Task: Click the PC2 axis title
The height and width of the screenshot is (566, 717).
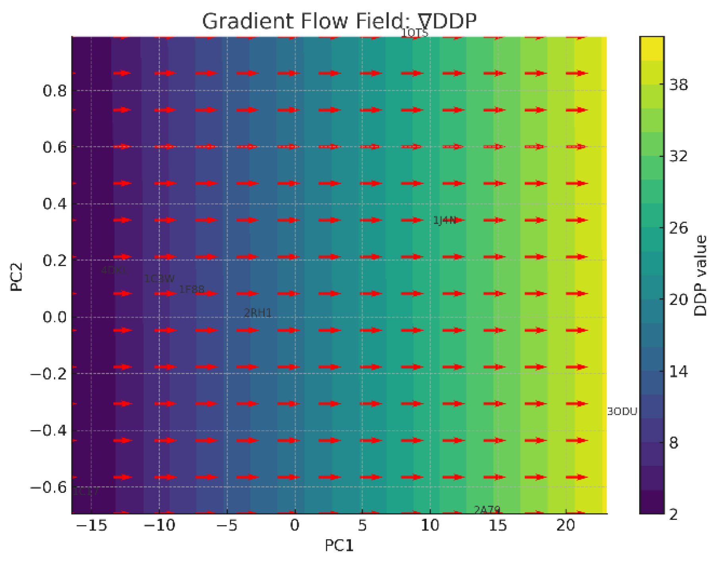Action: click(17, 277)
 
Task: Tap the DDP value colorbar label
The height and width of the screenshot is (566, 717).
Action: click(701, 275)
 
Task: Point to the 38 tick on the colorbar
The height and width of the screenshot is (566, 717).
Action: click(678, 84)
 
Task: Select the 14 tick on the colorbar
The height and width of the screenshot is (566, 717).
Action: click(678, 372)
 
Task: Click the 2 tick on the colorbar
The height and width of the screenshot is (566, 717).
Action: click(674, 514)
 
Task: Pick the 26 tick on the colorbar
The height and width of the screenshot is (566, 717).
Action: click(678, 228)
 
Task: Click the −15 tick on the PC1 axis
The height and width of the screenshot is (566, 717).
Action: click(92, 526)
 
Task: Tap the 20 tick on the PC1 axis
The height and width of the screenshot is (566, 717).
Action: click(565, 526)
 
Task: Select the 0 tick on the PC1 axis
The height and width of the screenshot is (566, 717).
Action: click(295, 526)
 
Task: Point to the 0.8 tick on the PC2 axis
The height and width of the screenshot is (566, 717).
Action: click(54, 91)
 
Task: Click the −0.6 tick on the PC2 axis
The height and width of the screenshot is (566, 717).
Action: click(48, 487)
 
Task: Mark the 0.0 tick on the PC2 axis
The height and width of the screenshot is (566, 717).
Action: click(54, 317)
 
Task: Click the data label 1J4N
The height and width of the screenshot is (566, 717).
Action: click(445, 220)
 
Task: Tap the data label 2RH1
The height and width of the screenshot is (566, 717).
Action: click(258, 313)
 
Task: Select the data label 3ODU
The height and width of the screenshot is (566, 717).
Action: click(622, 412)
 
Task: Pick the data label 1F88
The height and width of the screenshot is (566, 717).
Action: click(192, 290)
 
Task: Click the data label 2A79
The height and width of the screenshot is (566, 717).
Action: click(487, 510)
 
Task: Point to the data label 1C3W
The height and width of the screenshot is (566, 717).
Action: click(159, 279)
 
